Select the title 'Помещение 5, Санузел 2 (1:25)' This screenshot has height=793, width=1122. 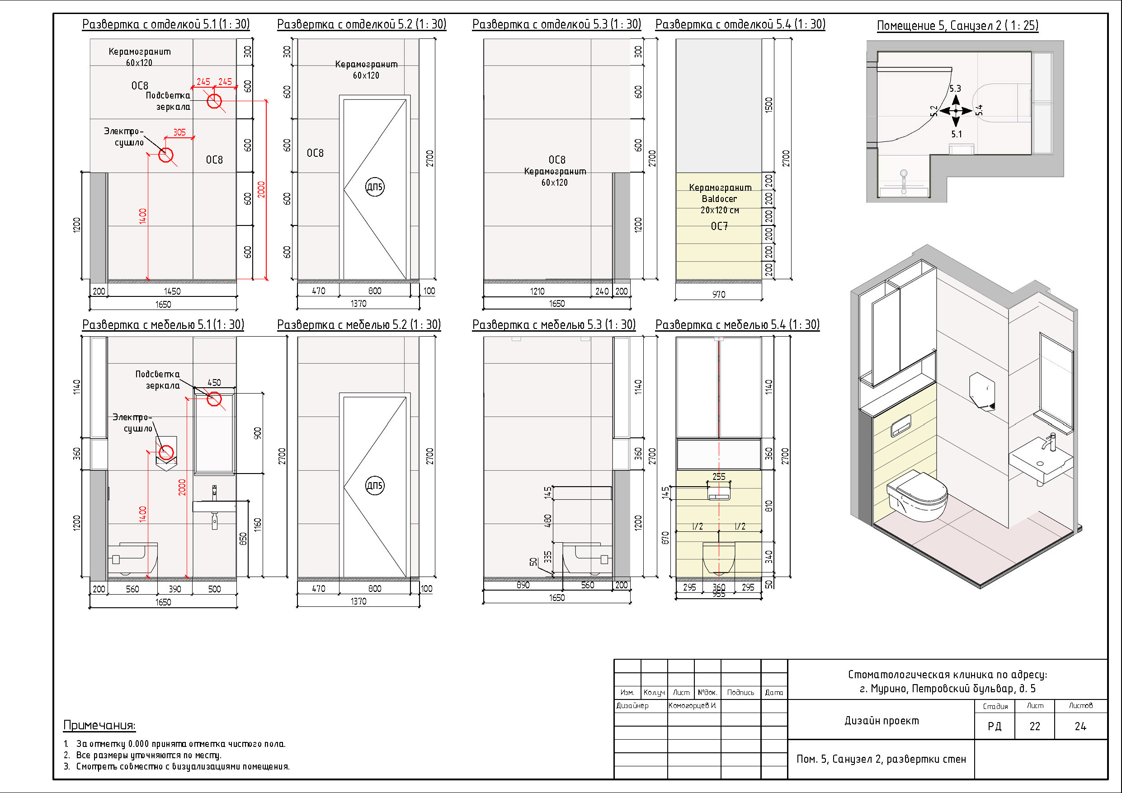[958, 25]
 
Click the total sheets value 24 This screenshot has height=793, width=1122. [1080, 727]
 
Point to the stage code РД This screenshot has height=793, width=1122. [995, 727]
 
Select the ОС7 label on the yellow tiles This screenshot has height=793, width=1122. [719, 226]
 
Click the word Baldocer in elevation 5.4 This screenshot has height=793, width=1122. [719, 199]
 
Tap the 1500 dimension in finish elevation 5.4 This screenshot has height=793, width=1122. [768, 105]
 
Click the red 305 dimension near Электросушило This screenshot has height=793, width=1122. [179, 132]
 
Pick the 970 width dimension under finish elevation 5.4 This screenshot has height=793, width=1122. [719, 294]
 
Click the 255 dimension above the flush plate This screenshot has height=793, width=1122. [719, 476]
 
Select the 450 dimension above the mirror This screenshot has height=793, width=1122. [214, 383]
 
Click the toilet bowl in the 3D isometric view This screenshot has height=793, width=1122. [917, 496]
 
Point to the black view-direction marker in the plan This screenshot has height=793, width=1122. [956, 111]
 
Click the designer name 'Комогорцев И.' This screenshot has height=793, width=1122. [693, 705]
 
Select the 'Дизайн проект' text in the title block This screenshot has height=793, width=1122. [882, 721]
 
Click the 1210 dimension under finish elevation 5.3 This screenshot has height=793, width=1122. [537, 291]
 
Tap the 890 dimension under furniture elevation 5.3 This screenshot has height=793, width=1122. [523, 585]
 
